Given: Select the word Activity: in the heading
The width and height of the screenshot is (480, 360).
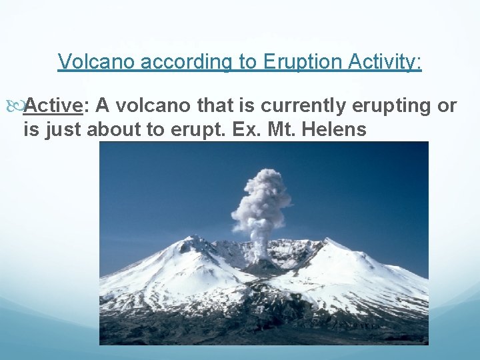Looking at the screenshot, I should [381, 62].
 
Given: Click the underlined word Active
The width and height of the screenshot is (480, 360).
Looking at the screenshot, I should [55, 105].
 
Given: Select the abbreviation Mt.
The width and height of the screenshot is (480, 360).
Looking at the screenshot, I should [277, 129].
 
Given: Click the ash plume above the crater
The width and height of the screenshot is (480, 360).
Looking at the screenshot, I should [262, 200].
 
